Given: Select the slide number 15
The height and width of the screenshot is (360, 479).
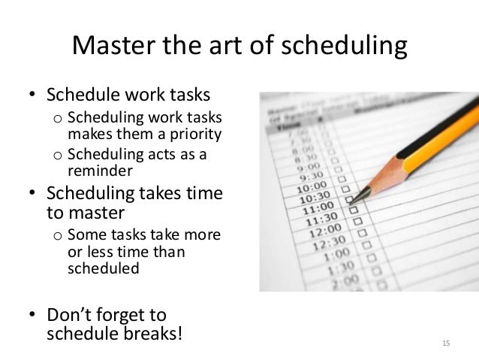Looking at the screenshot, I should [446, 343].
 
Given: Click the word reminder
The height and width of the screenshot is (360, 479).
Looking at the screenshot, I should [99, 169].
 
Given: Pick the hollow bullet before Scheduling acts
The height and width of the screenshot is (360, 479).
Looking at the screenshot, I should [56, 156].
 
